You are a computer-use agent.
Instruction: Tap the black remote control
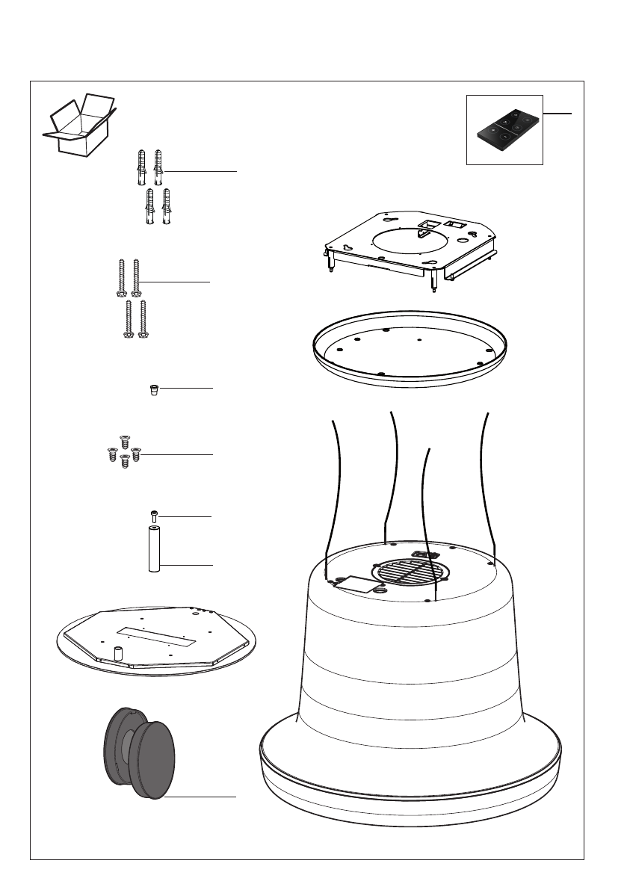[x=504, y=129]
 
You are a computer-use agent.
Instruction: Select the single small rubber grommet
[x=154, y=390]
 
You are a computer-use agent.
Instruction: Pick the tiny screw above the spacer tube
[x=155, y=516]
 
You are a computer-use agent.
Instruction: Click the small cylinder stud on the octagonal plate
[x=117, y=652]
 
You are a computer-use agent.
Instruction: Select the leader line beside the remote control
[x=557, y=114]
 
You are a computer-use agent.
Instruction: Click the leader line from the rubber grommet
[x=187, y=389]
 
